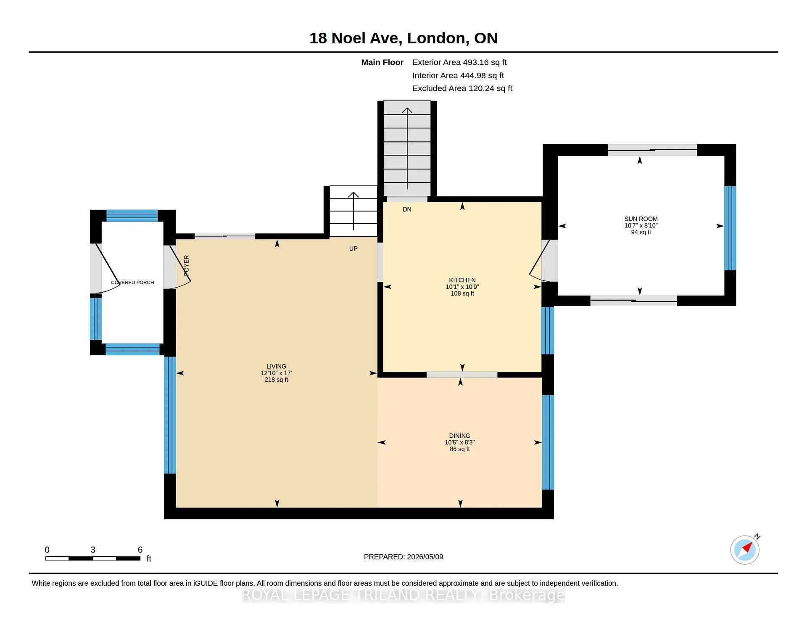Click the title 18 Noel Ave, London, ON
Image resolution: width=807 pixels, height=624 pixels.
pyautogui.click(x=403, y=38)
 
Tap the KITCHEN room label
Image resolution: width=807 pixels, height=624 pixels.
pyautogui.click(x=462, y=280)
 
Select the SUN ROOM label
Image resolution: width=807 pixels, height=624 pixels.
pyautogui.click(x=641, y=219)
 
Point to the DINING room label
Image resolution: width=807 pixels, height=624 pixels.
pyautogui.click(x=459, y=436)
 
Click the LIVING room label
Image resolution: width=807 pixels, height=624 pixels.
pyautogui.click(x=276, y=366)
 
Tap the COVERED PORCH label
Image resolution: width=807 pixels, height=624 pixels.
pyautogui.click(x=132, y=283)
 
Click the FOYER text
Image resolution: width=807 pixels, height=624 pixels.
pyautogui.click(x=187, y=265)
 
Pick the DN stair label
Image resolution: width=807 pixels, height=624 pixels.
pyautogui.click(x=407, y=209)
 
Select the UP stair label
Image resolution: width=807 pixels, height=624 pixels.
pyautogui.click(x=353, y=249)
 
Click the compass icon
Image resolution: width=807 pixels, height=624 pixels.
pyautogui.click(x=745, y=550)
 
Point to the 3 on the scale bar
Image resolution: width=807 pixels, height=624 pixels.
pyautogui.click(x=93, y=550)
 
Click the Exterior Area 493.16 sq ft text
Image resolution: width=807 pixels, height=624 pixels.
pyautogui.click(x=459, y=62)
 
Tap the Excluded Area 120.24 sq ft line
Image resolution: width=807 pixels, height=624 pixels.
pyautogui.click(x=462, y=88)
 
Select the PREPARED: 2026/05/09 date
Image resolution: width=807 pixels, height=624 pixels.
pyautogui.click(x=403, y=557)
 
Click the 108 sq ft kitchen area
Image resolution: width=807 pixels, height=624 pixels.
pyautogui.click(x=462, y=293)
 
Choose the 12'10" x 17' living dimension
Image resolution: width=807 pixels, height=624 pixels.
pyautogui.click(x=276, y=373)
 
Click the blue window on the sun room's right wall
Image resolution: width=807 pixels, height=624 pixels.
pyautogui.click(x=730, y=228)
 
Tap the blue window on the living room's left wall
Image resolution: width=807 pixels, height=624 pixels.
pyautogui.click(x=170, y=415)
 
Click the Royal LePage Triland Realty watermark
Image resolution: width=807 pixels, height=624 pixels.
pyautogui.click(x=403, y=595)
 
